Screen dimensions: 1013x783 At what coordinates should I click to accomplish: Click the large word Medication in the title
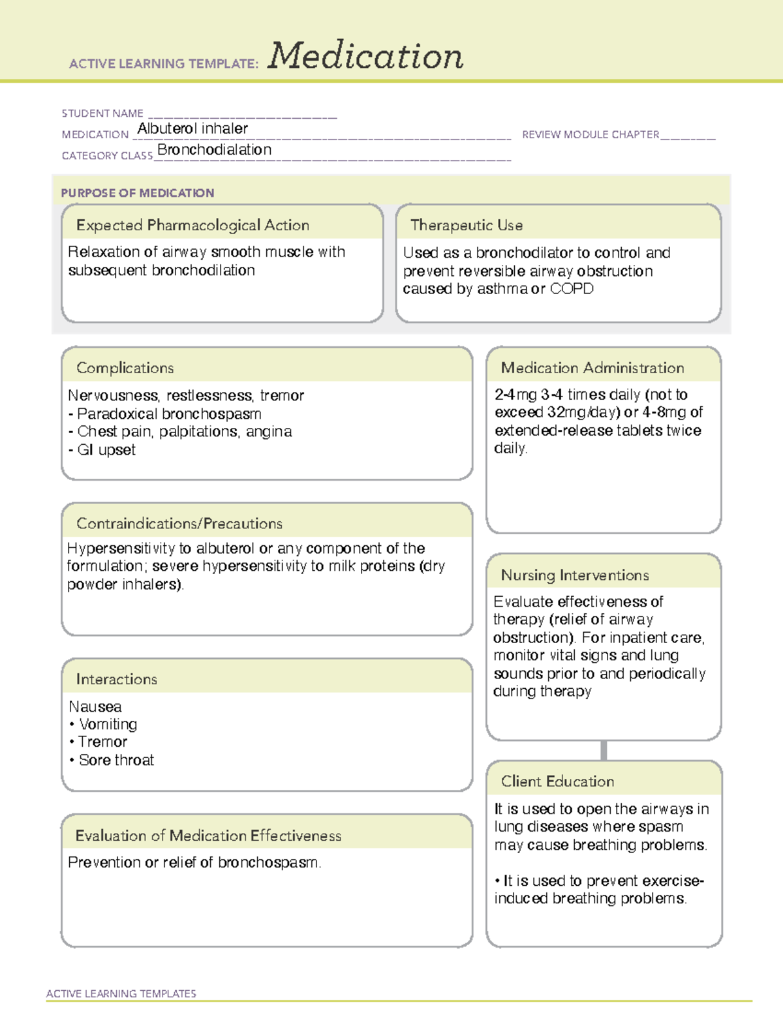(x=365, y=56)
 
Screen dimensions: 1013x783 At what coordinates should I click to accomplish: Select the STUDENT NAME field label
(x=102, y=113)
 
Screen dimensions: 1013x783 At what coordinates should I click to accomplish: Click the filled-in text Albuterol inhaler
(x=192, y=129)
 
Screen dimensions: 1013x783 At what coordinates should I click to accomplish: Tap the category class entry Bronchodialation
(x=214, y=150)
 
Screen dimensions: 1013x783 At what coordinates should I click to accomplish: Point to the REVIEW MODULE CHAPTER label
(x=591, y=134)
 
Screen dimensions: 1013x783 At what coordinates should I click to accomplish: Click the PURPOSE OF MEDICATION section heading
(x=138, y=193)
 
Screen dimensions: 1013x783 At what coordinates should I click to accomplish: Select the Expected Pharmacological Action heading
(x=192, y=225)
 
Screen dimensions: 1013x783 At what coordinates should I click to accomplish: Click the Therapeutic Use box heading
(x=467, y=225)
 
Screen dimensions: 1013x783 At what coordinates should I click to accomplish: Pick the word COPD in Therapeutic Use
(x=572, y=289)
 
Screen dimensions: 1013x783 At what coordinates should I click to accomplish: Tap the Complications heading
(x=125, y=368)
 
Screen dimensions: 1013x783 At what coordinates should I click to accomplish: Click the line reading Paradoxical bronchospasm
(x=169, y=414)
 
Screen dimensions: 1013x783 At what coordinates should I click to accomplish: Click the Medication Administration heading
(x=592, y=368)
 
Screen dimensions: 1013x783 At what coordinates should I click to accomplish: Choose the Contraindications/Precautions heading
(x=179, y=524)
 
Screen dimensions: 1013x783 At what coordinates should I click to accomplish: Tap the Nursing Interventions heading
(x=575, y=575)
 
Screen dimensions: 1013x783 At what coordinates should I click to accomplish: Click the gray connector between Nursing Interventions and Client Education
(x=604, y=750)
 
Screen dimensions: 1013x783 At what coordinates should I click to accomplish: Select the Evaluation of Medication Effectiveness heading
(x=208, y=836)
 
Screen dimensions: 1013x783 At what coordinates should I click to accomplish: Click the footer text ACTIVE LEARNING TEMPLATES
(x=121, y=993)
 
